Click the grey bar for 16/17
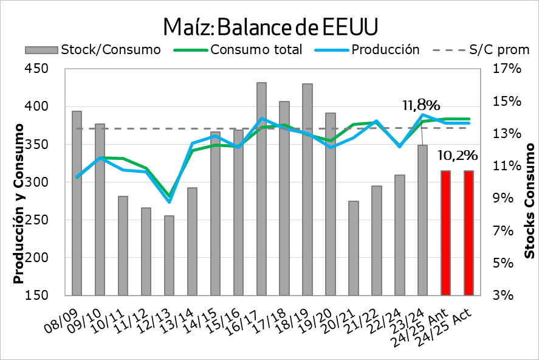[261, 189]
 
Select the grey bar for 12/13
[169, 255]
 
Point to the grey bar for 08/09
[77, 203]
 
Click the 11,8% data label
[421, 106]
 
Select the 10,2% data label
[456, 156]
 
